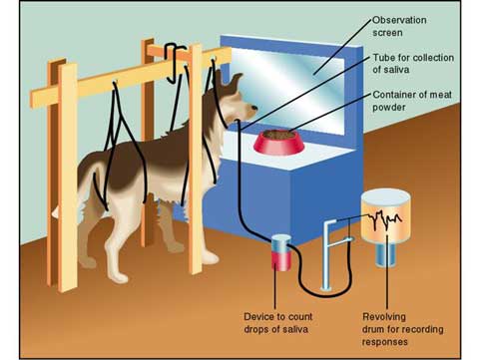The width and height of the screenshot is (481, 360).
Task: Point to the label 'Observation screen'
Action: click(x=400, y=26)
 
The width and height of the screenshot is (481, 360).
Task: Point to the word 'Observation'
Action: click(x=400, y=19)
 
